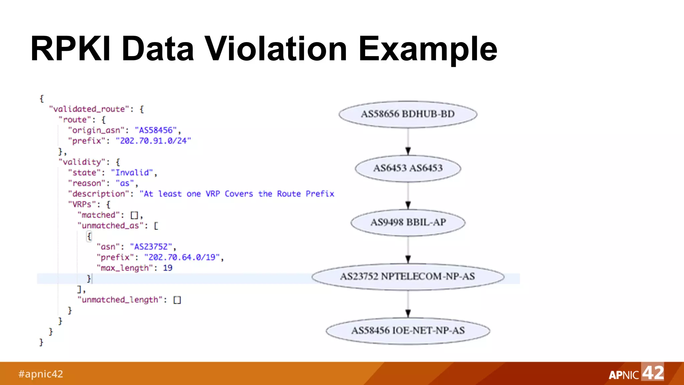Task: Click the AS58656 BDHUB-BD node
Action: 408,114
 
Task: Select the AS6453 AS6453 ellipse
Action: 408,168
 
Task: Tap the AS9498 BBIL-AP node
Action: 408,223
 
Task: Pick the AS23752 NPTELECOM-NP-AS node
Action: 408,277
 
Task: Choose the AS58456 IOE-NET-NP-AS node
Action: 408,331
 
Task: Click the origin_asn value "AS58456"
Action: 156,130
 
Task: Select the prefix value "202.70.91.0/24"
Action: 153,141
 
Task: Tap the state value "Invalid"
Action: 132,173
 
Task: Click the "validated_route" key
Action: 89,109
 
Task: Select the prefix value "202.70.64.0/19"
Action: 182,257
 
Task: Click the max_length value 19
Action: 168,268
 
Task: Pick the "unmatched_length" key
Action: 120,300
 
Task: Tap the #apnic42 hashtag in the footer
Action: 40,374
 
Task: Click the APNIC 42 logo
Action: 636,373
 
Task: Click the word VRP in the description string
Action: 213,194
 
